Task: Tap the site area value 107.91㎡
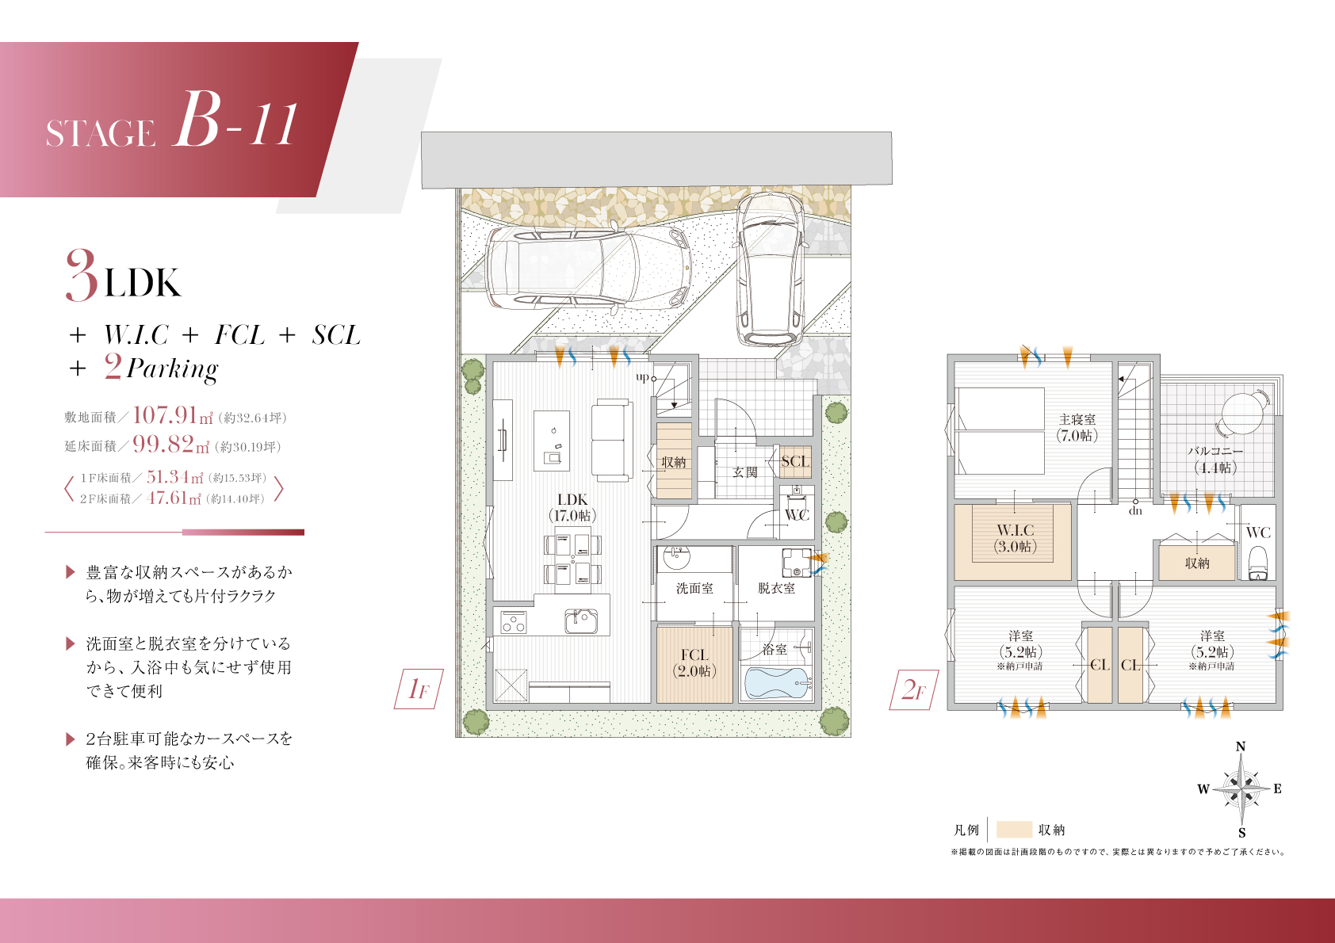[172, 414]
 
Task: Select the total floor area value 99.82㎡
[171, 444]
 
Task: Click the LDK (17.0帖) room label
[572, 507]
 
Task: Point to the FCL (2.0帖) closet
[694, 663]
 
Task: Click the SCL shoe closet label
[795, 461]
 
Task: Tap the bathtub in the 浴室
[777, 682]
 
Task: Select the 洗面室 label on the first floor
[694, 589]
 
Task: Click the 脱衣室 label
[776, 589]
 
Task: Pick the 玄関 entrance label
[744, 472]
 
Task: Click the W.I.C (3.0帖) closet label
[1015, 538]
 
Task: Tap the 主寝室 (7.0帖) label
[1077, 428]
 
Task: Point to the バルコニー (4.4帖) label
[1215, 460]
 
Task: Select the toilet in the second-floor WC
[1258, 563]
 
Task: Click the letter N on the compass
[1240, 746]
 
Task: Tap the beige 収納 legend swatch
[1014, 829]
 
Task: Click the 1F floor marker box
[419, 689]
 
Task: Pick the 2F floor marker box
[913, 690]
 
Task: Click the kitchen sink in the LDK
[581, 620]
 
